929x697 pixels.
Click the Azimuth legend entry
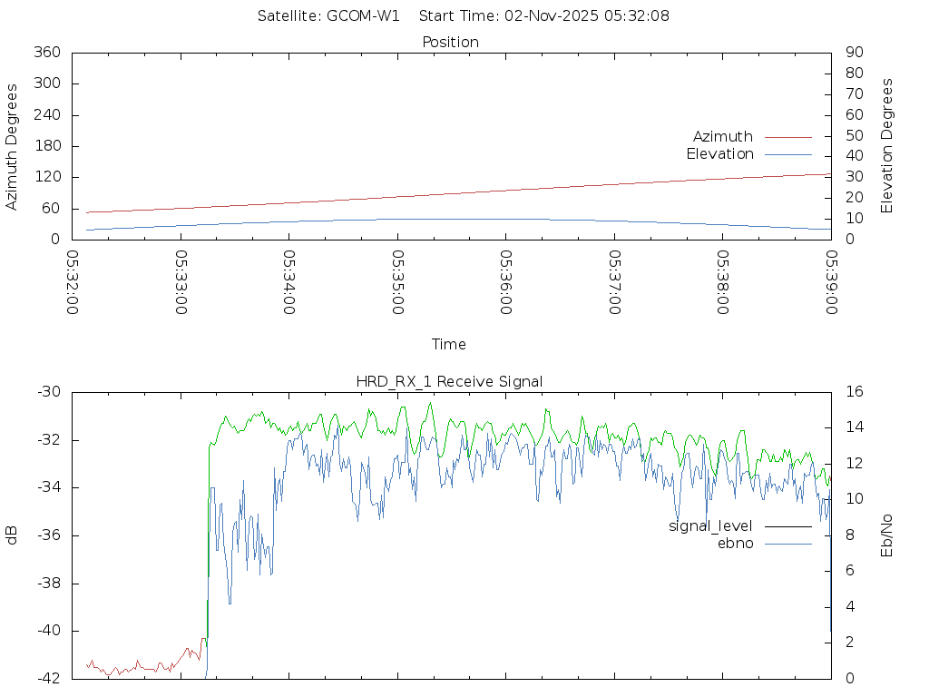(x=723, y=137)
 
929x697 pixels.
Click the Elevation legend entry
(x=719, y=154)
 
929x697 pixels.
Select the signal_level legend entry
(x=710, y=526)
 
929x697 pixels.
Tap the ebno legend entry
(x=735, y=544)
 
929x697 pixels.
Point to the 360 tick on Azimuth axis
(x=47, y=53)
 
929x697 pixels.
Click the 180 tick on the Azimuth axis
(x=47, y=146)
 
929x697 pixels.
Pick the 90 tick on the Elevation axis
(x=853, y=53)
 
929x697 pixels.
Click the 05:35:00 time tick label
(x=397, y=282)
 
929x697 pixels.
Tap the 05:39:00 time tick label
(x=831, y=282)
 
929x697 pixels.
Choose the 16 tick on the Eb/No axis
(x=854, y=392)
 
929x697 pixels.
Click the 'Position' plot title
(x=451, y=42)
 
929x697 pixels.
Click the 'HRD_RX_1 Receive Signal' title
(x=449, y=381)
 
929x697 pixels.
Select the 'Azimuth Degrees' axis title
(x=13, y=146)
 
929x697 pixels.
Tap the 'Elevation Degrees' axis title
(x=887, y=146)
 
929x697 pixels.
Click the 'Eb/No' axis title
(x=887, y=535)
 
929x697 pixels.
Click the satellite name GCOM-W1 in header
(x=363, y=15)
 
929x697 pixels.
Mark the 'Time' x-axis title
(x=449, y=344)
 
